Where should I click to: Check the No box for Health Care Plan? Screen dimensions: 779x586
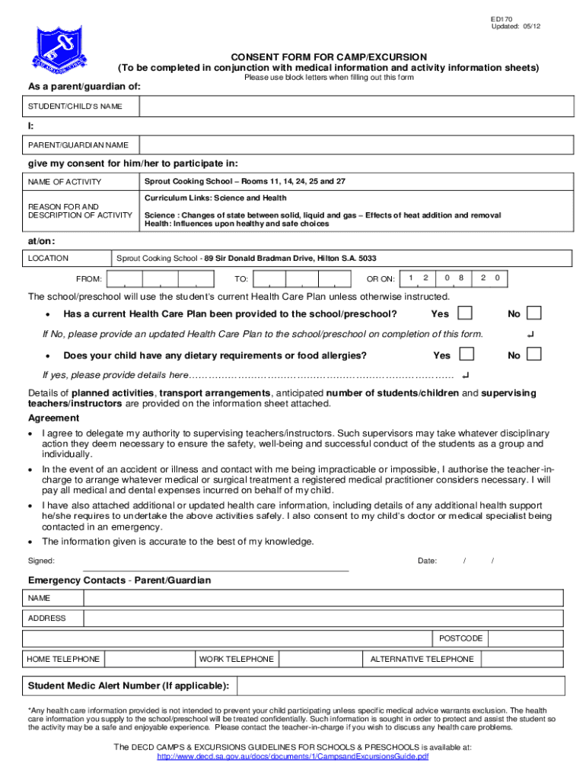click(x=534, y=313)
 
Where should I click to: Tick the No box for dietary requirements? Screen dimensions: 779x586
click(x=534, y=355)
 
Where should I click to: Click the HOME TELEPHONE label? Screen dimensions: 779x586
click(x=63, y=659)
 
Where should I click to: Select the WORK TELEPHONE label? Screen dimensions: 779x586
click(x=237, y=659)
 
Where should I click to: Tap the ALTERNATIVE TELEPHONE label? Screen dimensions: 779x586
click(x=422, y=659)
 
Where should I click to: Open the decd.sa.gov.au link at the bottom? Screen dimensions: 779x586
click(x=292, y=757)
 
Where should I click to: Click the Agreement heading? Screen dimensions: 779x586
click(x=53, y=418)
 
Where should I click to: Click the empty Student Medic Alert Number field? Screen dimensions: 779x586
click(x=404, y=686)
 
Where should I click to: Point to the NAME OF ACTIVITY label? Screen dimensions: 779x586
click(x=65, y=182)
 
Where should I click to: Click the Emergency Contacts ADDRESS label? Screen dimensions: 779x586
click(x=47, y=618)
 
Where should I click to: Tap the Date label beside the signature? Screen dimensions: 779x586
click(x=427, y=561)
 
